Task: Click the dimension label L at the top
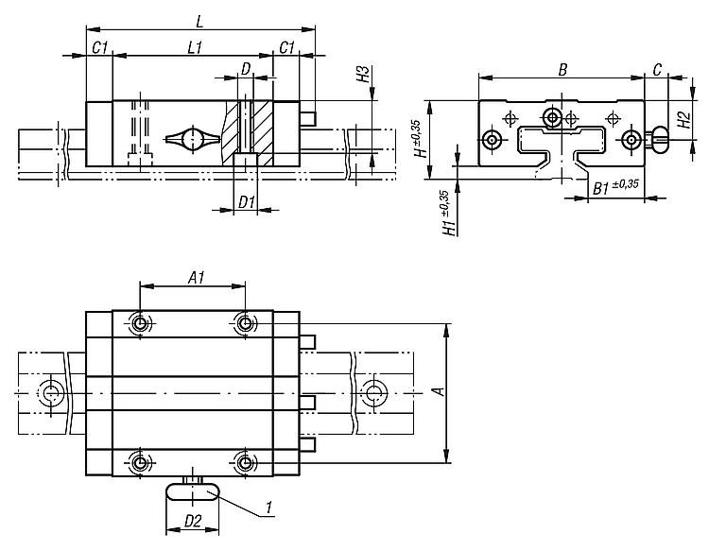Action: tap(199, 21)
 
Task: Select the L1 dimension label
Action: tap(195, 47)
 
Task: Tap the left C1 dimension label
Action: tap(99, 47)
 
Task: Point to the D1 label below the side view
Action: tap(247, 202)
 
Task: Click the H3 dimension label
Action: tap(364, 74)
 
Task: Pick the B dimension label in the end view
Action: tap(562, 70)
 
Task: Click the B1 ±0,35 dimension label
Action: tap(615, 187)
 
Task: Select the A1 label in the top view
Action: tap(196, 279)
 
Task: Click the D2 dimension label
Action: tap(193, 521)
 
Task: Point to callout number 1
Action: tap(269, 508)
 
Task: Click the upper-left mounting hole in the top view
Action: tap(140, 323)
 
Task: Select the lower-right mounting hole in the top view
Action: tap(245, 463)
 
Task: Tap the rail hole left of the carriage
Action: tap(52, 392)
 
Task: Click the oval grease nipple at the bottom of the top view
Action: tap(193, 491)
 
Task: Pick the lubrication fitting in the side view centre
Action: tap(193, 138)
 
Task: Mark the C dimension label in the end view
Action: tap(657, 70)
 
